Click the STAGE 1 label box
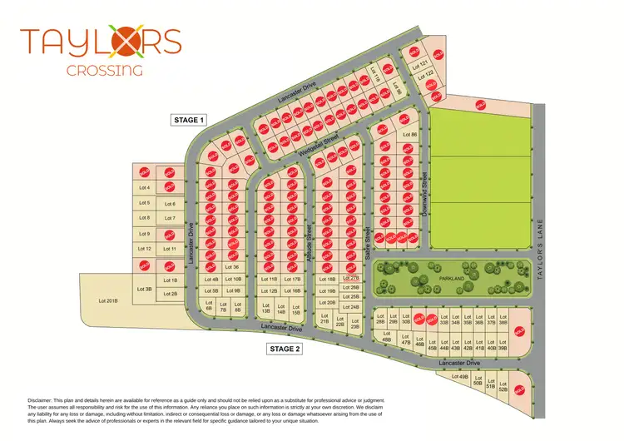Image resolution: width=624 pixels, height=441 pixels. pyautogui.click(x=187, y=120)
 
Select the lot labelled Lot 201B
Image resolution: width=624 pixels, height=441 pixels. pyautogui.click(x=108, y=300)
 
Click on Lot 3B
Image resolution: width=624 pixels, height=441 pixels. pyautogui.click(x=143, y=289)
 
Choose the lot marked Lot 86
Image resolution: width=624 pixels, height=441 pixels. pyautogui.click(x=409, y=134)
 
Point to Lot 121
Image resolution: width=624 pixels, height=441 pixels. pyautogui.click(x=423, y=65)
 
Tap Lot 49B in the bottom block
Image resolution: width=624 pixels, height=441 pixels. pyautogui.click(x=458, y=378)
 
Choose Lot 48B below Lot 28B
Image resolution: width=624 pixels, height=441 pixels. pyautogui.click(x=386, y=339)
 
